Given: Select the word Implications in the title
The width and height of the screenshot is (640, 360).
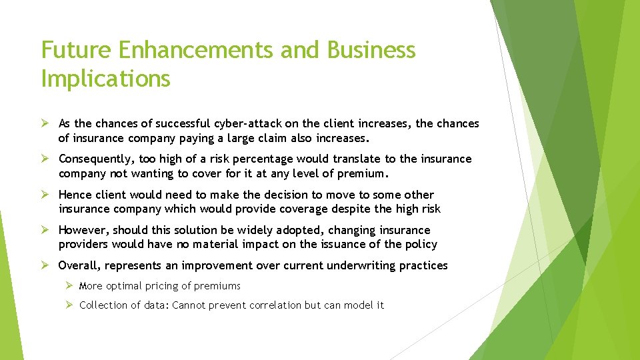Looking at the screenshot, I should click(105, 79).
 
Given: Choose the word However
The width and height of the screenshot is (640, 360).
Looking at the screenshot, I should click(83, 230).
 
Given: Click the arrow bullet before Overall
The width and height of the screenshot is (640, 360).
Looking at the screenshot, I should click(45, 265).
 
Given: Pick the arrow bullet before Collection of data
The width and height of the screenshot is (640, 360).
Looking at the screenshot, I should click(69, 305).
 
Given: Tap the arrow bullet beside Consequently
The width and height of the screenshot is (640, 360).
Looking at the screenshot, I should click(45, 159).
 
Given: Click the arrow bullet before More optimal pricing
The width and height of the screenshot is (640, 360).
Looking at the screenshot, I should click(69, 286).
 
